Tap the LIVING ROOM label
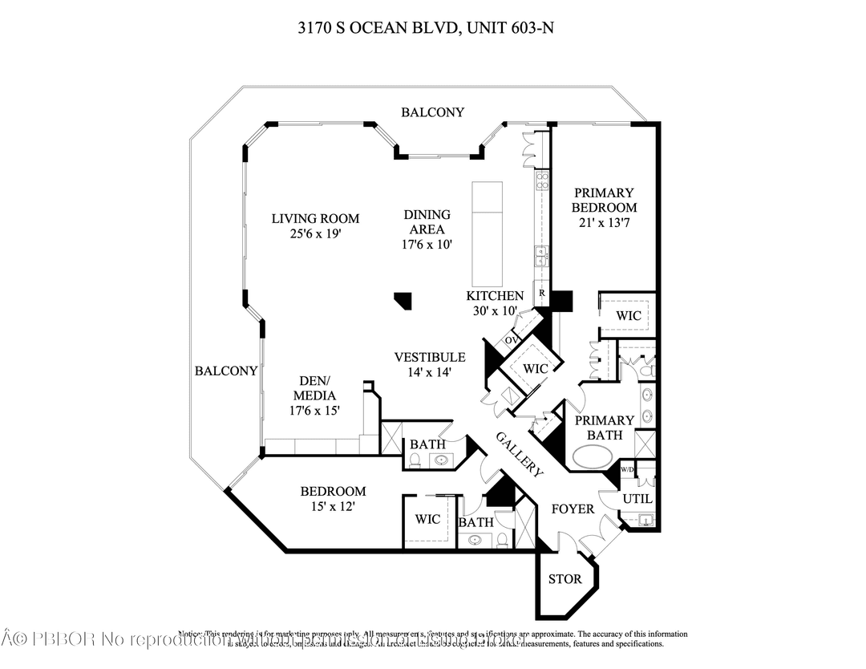pyautogui.click(x=315, y=218)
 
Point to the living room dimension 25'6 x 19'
pyautogui.click(x=315, y=234)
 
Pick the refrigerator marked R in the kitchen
pyautogui.click(x=542, y=294)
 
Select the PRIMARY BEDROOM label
pyautogui.click(x=605, y=200)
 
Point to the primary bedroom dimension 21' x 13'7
pyautogui.click(x=605, y=222)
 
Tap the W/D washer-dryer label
pyautogui.click(x=627, y=470)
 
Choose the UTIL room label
pyautogui.click(x=638, y=499)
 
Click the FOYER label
pyautogui.click(x=573, y=509)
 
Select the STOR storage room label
pyautogui.click(x=565, y=579)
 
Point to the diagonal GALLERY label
pyautogui.click(x=520, y=454)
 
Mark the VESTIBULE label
pyautogui.click(x=430, y=357)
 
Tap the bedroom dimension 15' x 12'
pyautogui.click(x=332, y=506)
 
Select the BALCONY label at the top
pyautogui.click(x=432, y=112)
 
